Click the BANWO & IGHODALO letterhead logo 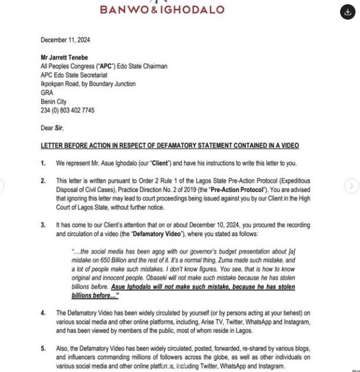(x=162, y=9)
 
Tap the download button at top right (x=348, y=12)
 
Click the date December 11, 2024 (x=65, y=40)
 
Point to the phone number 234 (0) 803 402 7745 (x=67, y=110)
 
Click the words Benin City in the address (x=54, y=102)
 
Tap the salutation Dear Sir (x=52, y=128)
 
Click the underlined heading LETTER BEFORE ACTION (x=169, y=146)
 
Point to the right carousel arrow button (x=351, y=186)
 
